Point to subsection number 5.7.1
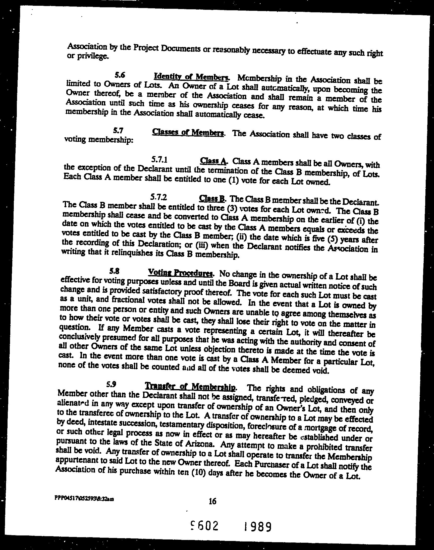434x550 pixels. (x=159, y=159)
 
